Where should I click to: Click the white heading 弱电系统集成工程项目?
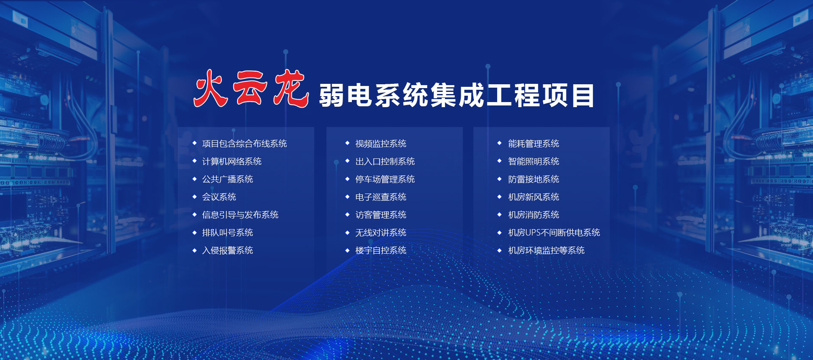pyautogui.click(x=456, y=96)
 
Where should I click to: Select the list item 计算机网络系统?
pyautogui.click(x=232, y=161)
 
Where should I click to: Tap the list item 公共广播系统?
pyautogui.click(x=227, y=179)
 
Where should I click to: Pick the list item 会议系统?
pyautogui.click(x=219, y=197)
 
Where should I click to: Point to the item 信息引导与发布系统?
pyautogui.click(x=240, y=215)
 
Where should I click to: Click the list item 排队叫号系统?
pyautogui.click(x=227, y=233)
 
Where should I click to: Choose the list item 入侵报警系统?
pyautogui.click(x=227, y=250)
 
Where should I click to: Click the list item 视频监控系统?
pyautogui.click(x=381, y=144)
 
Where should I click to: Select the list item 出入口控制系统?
pyautogui.click(x=385, y=161)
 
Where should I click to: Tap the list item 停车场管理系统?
pyautogui.click(x=385, y=179)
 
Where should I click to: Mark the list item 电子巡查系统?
pyautogui.click(x=381, y=197)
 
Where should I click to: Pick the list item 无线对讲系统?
pyautogui.click(x=381, y=233)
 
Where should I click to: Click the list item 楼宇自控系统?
pyautogui.click(x=381, y=250)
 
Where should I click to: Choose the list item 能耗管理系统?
pyautogui.click(x=534, y=144)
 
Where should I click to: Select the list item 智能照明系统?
pyautogui.click(x=534, y=161)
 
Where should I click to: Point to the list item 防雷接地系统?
pyautogui.click(x=534, y=179)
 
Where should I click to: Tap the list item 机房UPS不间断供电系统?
pyautogui.click(x=554, y=233)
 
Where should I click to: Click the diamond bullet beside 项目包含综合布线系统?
pyautogui.click(x=194, y=143)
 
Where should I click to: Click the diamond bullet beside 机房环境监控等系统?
pyautogui.click(x=500, y=250)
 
